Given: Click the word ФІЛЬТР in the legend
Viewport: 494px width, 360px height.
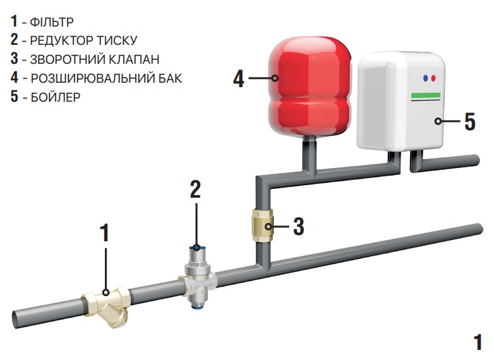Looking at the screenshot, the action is pos(52,22).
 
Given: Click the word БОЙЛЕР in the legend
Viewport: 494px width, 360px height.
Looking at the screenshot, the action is pos(56,97).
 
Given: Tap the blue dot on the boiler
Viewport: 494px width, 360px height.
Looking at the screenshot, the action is pos(426,78).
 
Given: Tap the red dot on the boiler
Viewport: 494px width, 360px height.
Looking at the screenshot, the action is pos(433,78).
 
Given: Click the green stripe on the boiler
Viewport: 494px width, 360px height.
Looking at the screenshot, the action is pos(426,95).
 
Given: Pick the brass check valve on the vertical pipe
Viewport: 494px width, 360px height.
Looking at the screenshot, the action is pos(263,225).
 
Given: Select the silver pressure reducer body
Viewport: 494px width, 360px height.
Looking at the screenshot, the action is pos(198,279).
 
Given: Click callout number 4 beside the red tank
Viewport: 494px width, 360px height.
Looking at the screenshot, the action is pos(239,79).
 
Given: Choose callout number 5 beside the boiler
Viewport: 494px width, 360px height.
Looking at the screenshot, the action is pos(470,121).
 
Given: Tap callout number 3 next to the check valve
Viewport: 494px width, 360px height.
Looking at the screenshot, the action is pos(299,226).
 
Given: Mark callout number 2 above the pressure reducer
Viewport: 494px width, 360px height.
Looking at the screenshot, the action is pos(195,189).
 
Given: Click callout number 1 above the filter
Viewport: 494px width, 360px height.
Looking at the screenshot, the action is pos(105,233).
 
